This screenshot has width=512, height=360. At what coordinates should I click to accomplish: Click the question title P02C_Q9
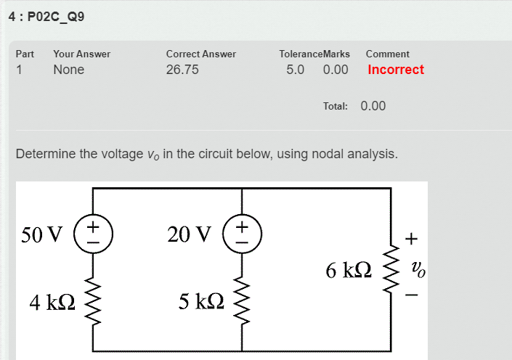pyautogui.click(x=55, y=16)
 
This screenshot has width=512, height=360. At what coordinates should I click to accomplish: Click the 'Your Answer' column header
pyautogui.click(x=81, y=54)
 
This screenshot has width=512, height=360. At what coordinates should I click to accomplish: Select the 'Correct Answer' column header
pyautogui.click(x=200, y=54)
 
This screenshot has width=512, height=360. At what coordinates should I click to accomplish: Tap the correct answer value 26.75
pyautogui.click(x=182, y=70)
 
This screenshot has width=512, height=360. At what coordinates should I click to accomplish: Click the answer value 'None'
pyautogui.click(x=68, y=70)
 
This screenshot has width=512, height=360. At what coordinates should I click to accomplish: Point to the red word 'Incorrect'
pyautogui.click(x=396, y=70)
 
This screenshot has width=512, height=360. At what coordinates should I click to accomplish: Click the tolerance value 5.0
pyautogui.click(x=296, y=70)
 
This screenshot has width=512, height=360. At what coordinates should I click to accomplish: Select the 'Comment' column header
pyautogui.click(x=388, y=54)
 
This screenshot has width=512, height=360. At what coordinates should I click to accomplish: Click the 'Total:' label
pyautogui.click(x=336, y=106)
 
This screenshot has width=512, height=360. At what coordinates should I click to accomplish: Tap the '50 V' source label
pyautogui.click(x=44, y=234)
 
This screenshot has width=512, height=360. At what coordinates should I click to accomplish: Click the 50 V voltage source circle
pyautogui.click(x=93, y=234)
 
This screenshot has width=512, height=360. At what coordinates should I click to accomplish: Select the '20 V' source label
pyautogui.click(x=189, y=234)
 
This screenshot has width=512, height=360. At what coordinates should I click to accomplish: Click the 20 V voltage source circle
pyautogui.click(x=241, y=234)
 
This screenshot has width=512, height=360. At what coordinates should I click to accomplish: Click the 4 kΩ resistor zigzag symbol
pyautogui.click(x=93, y=299)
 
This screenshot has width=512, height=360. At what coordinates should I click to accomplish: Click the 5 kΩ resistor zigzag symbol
pyautogui.click(x=241, y=299)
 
